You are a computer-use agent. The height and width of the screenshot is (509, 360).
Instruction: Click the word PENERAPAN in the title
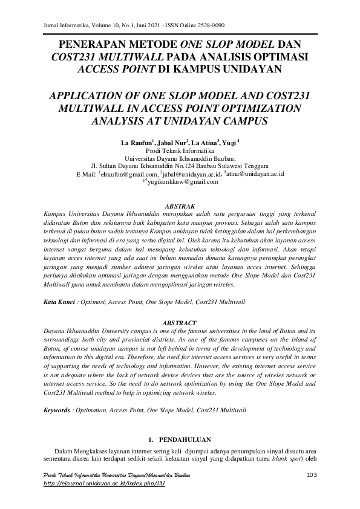(91, 45)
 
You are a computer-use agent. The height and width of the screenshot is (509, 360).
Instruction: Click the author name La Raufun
(137, 143)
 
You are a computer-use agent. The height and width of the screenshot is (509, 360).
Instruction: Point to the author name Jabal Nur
(172, 143)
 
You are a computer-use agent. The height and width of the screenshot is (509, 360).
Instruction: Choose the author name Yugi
(229, 143)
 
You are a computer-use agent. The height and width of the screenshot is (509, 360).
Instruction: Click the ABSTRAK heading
(180, 206)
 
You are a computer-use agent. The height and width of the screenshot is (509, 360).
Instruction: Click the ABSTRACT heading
(180, 323)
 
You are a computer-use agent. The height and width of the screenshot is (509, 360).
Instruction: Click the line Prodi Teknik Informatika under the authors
(180, 151)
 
